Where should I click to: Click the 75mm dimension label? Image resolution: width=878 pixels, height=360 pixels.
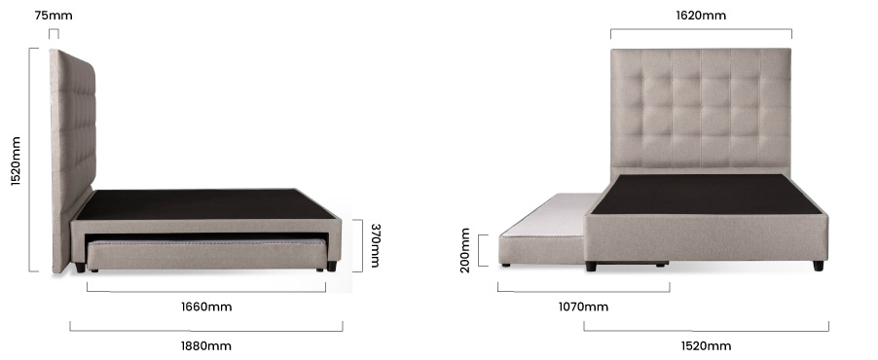(x=53, y=16)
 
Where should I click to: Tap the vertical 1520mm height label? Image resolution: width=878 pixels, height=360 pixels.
(x=16, y=162)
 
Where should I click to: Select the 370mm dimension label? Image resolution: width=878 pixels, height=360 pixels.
(x=375, y=245)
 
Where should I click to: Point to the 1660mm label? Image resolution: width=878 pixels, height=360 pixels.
(x=205, y=307)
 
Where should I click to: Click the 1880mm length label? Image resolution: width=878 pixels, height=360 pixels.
(x=205, y=345)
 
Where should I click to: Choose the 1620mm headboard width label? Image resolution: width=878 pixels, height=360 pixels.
(x=701, y=16)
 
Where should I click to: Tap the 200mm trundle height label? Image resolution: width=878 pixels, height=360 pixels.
(x=465, y=250)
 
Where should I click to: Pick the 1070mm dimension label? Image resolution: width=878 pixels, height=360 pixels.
(x=582, y=307)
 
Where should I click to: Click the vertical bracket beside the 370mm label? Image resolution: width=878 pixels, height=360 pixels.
(x=356, y=245)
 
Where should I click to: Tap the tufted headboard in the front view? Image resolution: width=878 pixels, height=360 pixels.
(x=701, y=107)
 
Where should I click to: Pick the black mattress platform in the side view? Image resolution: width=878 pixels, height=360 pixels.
(x=209, y=204)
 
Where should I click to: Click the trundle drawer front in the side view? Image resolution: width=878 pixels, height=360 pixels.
(x=205, y=255)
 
